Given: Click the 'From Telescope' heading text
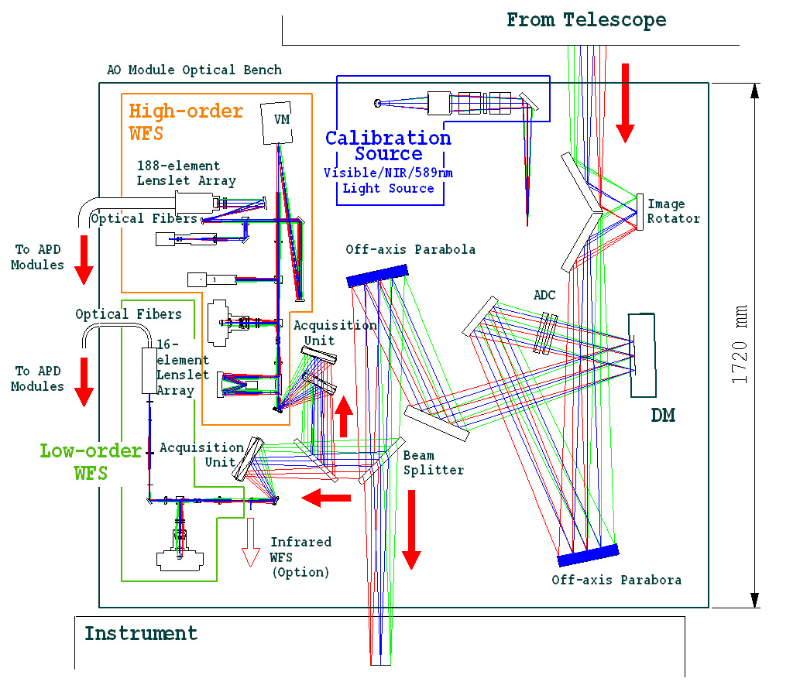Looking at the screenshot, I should (585, 20).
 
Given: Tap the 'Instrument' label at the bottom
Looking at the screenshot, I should (141, 634).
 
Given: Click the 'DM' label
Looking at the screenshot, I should (662, 416).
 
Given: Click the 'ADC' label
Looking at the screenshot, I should (544, 296).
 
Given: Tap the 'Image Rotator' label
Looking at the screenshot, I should (673, 211).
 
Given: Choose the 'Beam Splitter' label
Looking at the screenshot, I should (433, 463).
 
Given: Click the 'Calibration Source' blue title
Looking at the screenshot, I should (388, 146).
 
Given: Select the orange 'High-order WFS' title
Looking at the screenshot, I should (186, 121).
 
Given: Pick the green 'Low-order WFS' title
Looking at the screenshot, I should (91, 461).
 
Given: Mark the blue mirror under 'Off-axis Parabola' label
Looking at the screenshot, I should (376, 273).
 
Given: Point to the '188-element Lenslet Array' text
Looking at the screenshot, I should (186, 173).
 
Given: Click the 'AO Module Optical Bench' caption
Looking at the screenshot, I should (194, 70).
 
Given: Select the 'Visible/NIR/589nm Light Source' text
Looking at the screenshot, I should (388, 180).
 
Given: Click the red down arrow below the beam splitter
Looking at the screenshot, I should (411, 529).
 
